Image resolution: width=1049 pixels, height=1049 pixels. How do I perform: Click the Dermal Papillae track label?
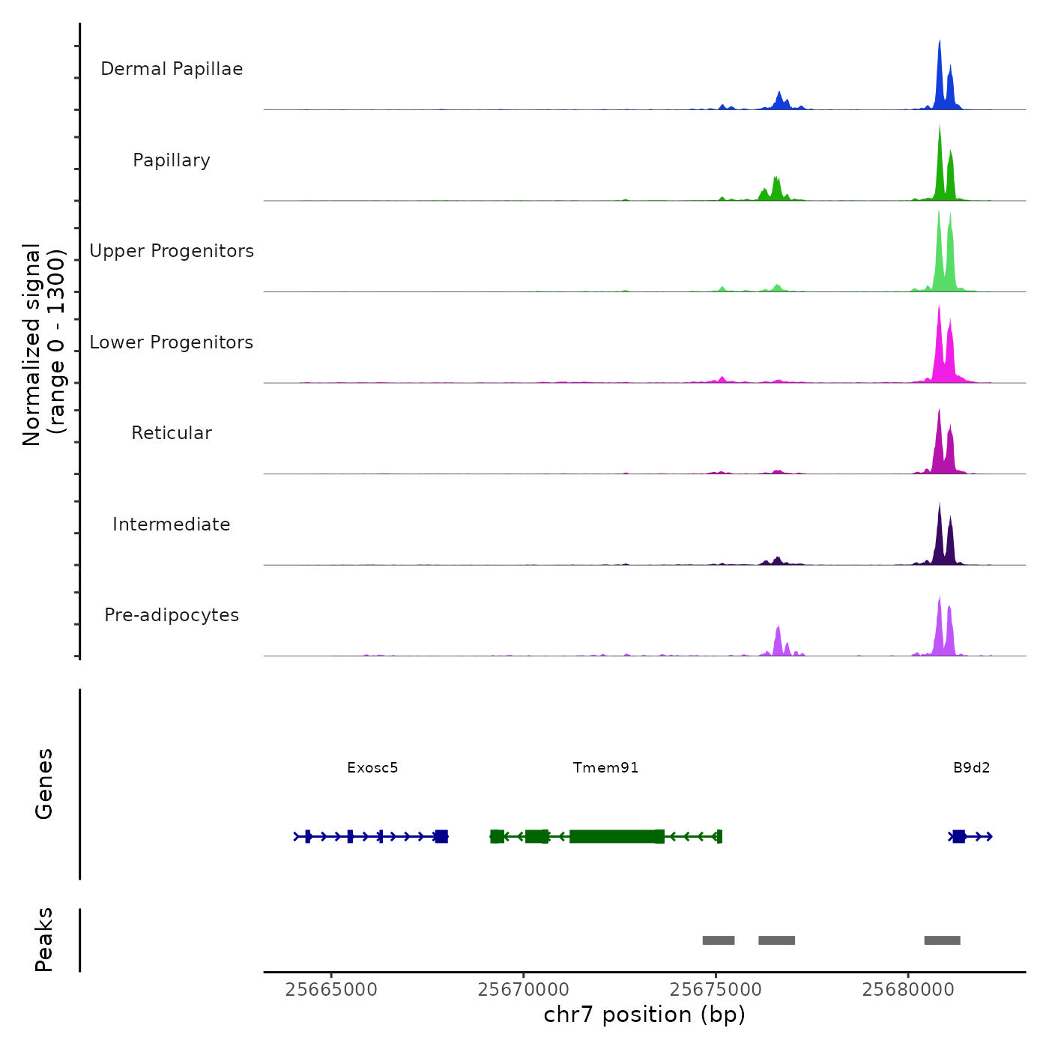(172, 69)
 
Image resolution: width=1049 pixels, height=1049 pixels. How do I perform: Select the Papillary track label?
(172, 160)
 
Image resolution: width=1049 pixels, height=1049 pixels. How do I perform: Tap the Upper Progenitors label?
(172, 251)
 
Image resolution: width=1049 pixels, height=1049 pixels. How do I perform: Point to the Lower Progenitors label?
(172, 342)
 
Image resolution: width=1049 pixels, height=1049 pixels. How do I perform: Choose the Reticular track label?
(172, 433)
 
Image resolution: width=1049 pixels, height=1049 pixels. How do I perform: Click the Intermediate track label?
(172, 524)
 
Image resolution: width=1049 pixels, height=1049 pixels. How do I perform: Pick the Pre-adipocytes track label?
(172, 615)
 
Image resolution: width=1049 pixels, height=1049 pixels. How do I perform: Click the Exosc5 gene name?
(372, 767)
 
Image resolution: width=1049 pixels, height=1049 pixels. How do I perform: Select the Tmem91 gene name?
(605, 767)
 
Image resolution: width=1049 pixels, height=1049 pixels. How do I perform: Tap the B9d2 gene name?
(971, 767)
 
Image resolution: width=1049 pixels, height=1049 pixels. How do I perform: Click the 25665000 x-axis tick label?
(331, 989)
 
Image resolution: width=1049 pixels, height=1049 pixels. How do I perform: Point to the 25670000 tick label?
(524, 989)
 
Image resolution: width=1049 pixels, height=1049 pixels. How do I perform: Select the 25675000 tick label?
(716, 989)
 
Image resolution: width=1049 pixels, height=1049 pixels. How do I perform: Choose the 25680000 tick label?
(908, 989)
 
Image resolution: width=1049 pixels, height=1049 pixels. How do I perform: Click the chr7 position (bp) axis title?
(644, 1015)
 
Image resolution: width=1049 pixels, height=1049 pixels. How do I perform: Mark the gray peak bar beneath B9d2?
(942, 940)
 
